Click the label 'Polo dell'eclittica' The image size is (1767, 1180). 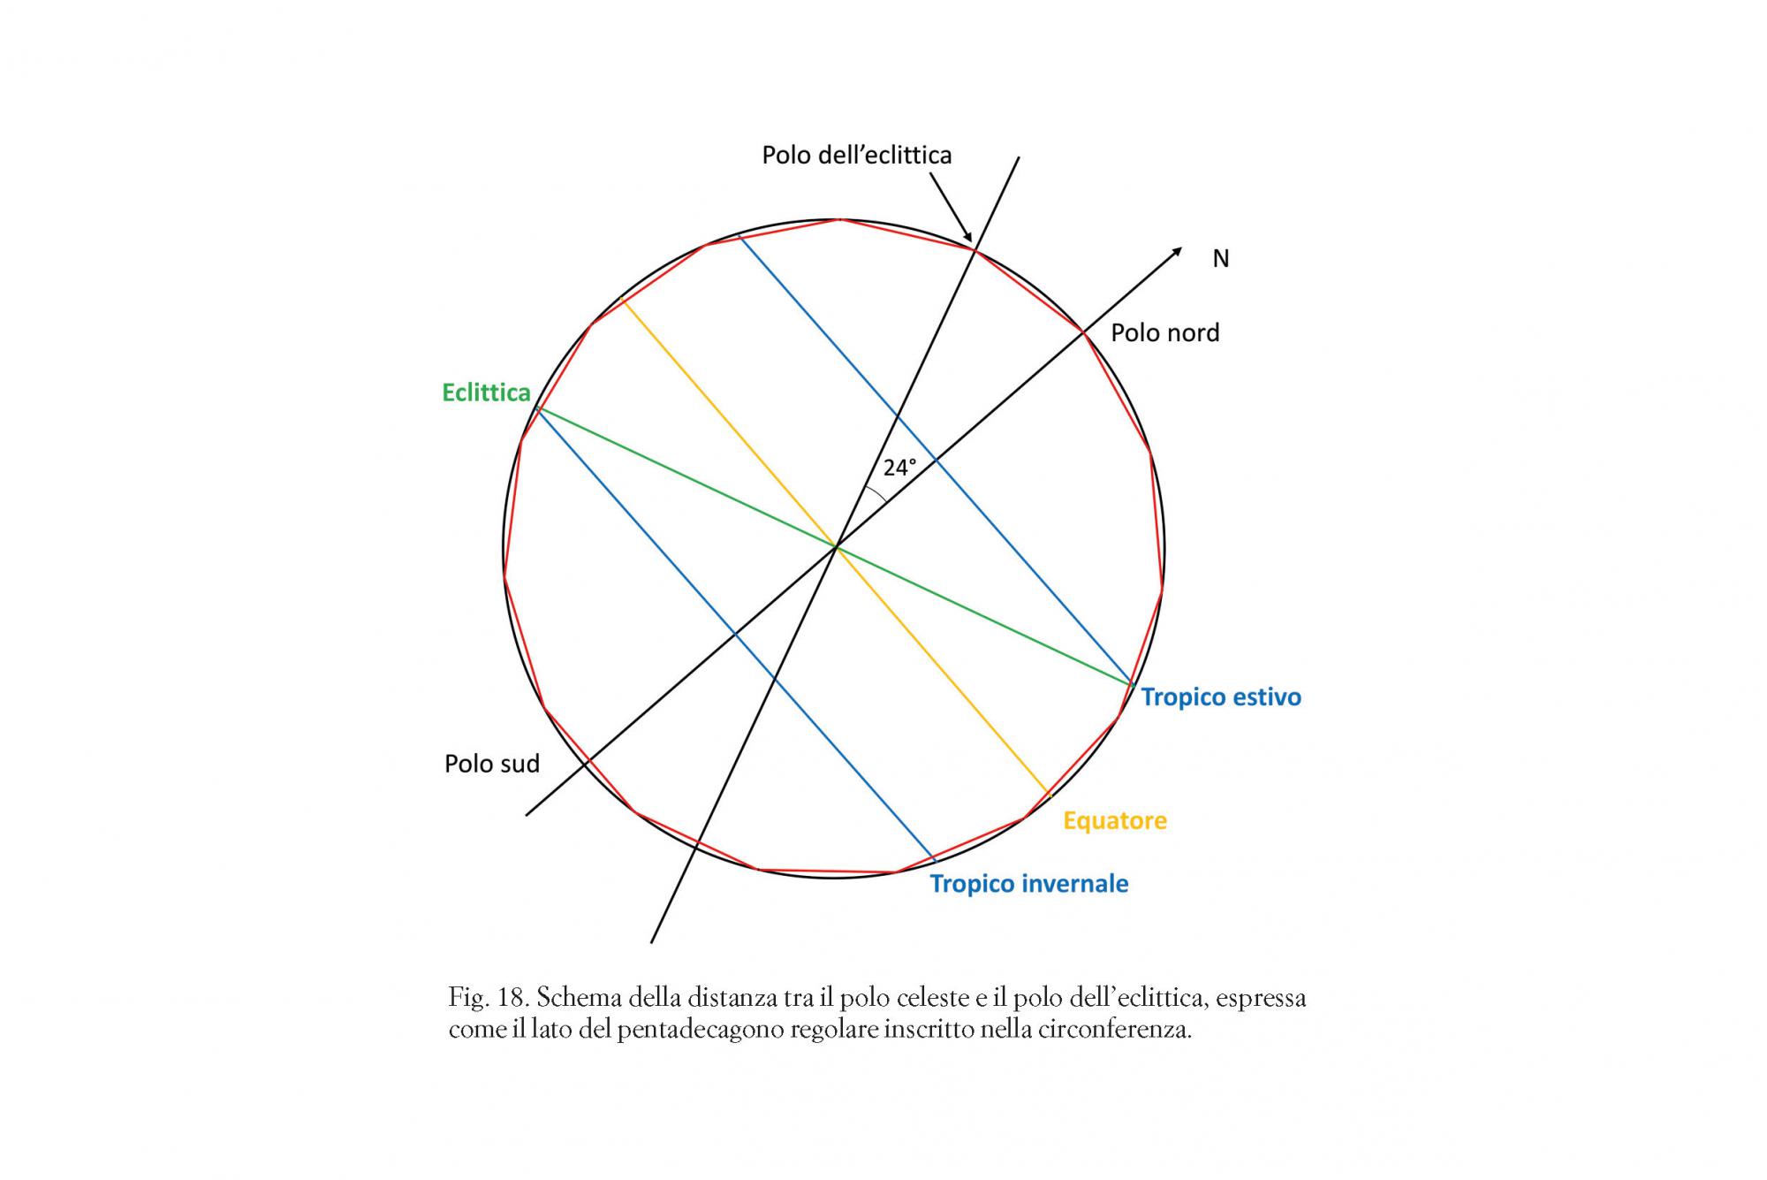[x=856, y=156]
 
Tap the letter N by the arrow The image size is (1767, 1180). [x=1220, y=258]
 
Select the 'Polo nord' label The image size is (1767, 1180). [x=1164, y=333]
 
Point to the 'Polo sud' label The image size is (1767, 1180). [x=491, y=764]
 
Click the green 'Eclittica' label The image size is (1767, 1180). [x=486, y=392]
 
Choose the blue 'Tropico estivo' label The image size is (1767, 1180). [x=1221, y=697]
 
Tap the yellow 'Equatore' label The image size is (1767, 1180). [x=1115, y=821]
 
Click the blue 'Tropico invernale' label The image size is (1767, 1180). [x=1029, y=884]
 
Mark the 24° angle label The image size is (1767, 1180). [x=899, y=468]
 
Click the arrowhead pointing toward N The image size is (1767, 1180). [x=1177, y=252]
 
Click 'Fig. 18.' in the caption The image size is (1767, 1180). [x=488, y=999]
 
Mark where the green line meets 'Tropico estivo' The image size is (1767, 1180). [x=1132, y=684]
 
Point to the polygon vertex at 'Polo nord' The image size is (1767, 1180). [x=1083, y=331]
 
